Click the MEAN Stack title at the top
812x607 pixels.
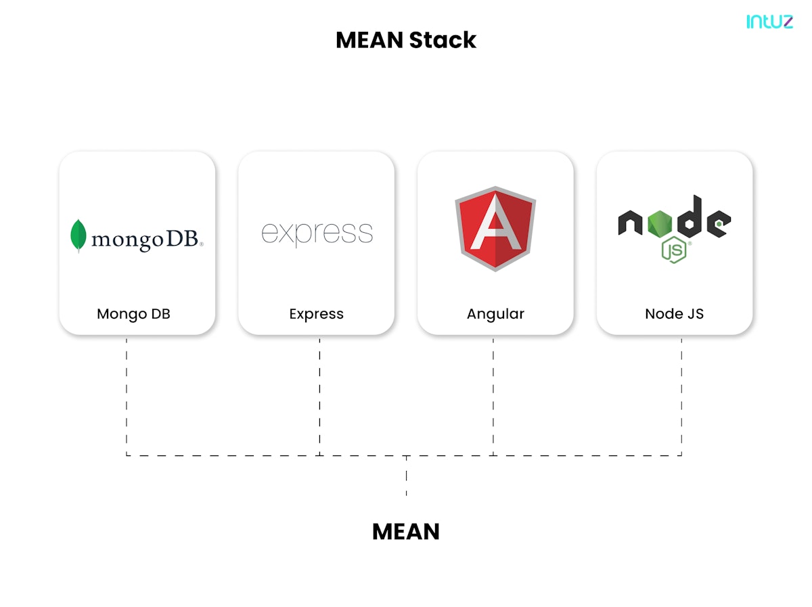pyautogui.click(x=406, y=40)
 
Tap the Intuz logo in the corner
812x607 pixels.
pyautogui.click(x=769, y=22)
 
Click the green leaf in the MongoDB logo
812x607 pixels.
pyautogui.click(x=78, y=235)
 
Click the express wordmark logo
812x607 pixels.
pyautogui.click(x=317, y=232)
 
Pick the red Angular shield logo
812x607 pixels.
pyautogui.click(x=495, y=228)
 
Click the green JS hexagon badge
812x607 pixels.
pyautogui.click(x=675, y=250)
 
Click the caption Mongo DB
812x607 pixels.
pyautogui.click(x=133, y=314)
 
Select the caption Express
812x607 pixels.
pyautogui.click(x=316, y=314)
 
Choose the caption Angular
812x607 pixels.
pyautogui.click(x=495, y=314)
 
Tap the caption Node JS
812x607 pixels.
pyautogui.click(x=674, y=314)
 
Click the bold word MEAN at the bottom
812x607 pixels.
pyautogui.click(x=406, y=532)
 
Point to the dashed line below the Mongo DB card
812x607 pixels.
pyautogui.click(x=127, y=396)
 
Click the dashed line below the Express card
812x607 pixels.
pyautogui.click(x=319, y=396)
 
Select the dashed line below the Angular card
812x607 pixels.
pyautogui.click(x=493, y=396)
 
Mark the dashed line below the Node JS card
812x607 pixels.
pyautogui.click(x=681, y=396)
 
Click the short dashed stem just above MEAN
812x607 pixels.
pyautogui.click(x=406, y=476)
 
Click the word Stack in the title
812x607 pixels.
pyautogui.click(x=443, y=40)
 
